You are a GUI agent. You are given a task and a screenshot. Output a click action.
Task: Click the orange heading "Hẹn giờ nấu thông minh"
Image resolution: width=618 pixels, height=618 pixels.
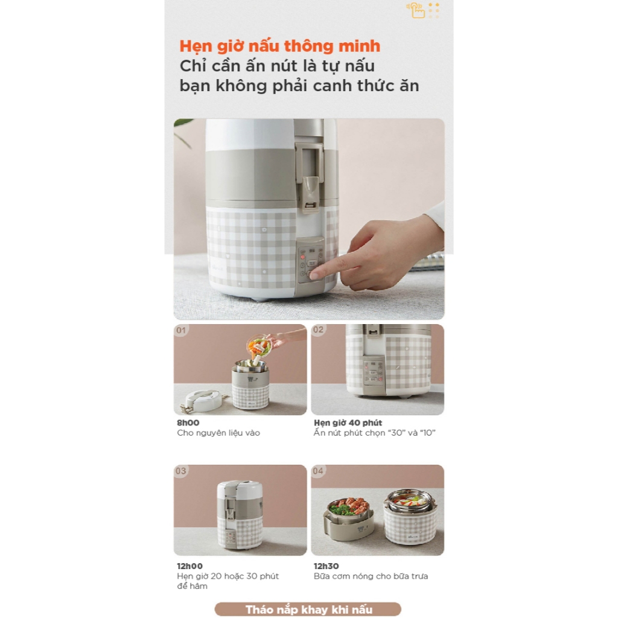pyautogui.click(x=280, y=46)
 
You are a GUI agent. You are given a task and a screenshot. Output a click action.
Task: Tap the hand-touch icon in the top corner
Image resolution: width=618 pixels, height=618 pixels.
pyautogui.click(x=416, y=10)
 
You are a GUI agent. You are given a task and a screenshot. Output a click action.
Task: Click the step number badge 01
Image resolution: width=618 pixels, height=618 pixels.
pyautogui.click(x=181, y=330)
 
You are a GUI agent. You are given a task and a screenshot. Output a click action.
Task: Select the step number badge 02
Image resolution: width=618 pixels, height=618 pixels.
pyautogui.click(x=318, y=330)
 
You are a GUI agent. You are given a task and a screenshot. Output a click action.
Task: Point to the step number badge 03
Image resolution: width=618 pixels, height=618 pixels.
pyautogui.click(x=181, y=471)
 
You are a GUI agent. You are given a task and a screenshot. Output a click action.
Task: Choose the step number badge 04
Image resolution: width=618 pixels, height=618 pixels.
pyautogui.click(x=318, y=471)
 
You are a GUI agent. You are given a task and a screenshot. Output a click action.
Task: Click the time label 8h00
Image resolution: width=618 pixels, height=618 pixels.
pyautogui.click(x=188, y=423)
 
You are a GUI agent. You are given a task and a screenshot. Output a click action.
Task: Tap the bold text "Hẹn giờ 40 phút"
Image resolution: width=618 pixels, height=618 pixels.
pyautogui.click(x=348, y=423)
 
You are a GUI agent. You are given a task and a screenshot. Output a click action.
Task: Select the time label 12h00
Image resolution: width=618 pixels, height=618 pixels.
pyautogui.click(x=190, y=566)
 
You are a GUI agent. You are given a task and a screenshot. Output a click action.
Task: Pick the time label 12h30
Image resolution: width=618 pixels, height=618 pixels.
pyautogui.click(x=327, y=566)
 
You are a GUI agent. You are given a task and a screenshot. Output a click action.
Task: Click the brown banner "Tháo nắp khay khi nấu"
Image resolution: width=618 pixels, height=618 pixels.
pyautogui.click(x=308, y=610)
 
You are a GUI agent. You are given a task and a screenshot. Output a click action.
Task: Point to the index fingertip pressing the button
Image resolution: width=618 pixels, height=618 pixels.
pyautogui.click(x=314, y=275)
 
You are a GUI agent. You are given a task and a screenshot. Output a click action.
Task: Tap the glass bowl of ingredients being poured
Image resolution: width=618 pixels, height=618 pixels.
pyautogui.click(x=259, y=346)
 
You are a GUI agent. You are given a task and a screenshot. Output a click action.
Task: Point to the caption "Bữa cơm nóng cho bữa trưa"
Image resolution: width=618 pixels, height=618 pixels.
pyautogui.click(x=371, y=576)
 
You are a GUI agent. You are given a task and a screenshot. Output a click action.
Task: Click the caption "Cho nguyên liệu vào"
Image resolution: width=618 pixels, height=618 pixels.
pyautogui.click(x=218, y=433)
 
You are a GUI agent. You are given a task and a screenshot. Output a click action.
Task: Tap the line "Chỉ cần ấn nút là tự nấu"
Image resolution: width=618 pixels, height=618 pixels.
pyautogui.click(x=277, y=66)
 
